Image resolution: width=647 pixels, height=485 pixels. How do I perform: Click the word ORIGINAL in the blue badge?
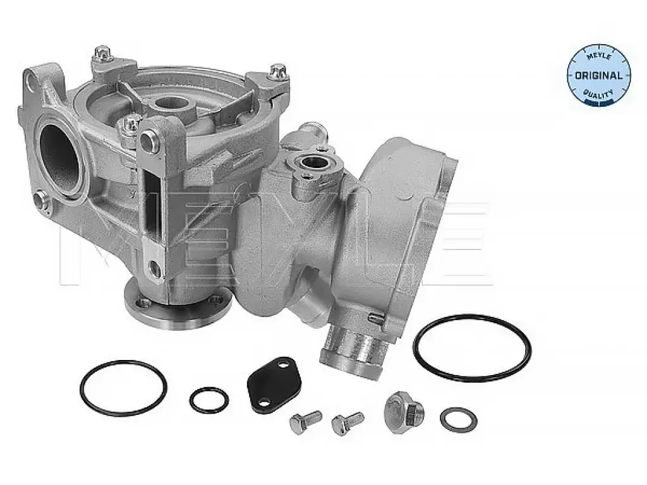(598, 76)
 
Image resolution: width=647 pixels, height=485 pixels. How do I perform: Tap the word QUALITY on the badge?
(599, 95)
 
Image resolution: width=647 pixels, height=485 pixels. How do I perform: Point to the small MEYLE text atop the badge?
(599, 56)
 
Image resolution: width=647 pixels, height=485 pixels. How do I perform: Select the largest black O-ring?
(472, 347)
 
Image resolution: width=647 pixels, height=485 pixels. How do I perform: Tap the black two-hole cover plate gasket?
(274, 379)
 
